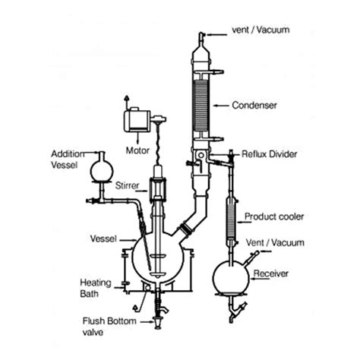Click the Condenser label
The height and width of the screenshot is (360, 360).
254,106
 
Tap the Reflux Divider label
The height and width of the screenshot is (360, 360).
269,154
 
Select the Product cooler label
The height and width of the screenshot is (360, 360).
274,216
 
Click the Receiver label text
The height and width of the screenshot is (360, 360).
271,273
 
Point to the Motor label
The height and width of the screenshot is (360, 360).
137,150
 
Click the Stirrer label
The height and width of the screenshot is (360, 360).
127,185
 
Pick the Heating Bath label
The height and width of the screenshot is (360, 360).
96,288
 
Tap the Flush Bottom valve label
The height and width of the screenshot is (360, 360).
109,327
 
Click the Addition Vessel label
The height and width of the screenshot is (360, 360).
68,159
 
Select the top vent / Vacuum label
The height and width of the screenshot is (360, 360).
261,30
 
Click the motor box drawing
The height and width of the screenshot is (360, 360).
137,120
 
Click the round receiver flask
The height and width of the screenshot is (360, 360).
231,278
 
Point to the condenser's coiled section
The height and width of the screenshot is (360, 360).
201,106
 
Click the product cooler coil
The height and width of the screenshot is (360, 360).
231,220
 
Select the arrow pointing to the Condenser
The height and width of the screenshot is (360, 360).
221,106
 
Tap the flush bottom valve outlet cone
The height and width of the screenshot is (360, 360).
157,323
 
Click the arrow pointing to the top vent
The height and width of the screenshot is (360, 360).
216,35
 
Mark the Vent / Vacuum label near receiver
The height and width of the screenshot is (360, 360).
275,243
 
